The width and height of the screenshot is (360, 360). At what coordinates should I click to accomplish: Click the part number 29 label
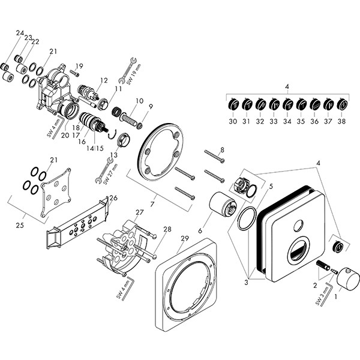pos(185,239)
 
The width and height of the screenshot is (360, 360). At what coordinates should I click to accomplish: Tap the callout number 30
pos(233,121)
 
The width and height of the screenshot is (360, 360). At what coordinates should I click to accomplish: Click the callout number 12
pos(104,80)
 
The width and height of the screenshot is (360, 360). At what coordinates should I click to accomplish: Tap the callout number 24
pos(20,33)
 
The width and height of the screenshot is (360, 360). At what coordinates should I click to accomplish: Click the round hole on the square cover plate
pos(298,227)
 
